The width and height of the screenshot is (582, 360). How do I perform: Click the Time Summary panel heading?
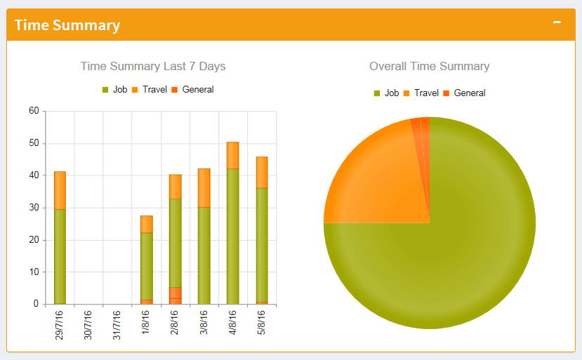point(67,25)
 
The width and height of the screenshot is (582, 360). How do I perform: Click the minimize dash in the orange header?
point(557,22)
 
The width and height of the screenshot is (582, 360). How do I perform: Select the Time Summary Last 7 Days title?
point(153,66)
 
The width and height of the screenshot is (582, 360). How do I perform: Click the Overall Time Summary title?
point(430,66)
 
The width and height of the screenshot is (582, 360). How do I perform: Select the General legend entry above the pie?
point(464,93)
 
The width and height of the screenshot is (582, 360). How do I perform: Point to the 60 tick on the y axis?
point(34,111)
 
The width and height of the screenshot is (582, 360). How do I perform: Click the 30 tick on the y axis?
point(34,208)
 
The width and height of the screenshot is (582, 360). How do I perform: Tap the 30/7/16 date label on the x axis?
point(88,324)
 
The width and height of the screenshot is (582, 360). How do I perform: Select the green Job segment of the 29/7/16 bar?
point(60,256)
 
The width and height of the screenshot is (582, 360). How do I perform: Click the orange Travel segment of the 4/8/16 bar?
point(232,155)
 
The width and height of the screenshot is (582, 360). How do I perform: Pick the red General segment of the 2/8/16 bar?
point(175,295)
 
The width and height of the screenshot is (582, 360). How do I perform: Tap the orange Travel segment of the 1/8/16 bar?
point(146,224)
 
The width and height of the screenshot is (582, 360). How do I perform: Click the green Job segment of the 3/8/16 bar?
point(204,255)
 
